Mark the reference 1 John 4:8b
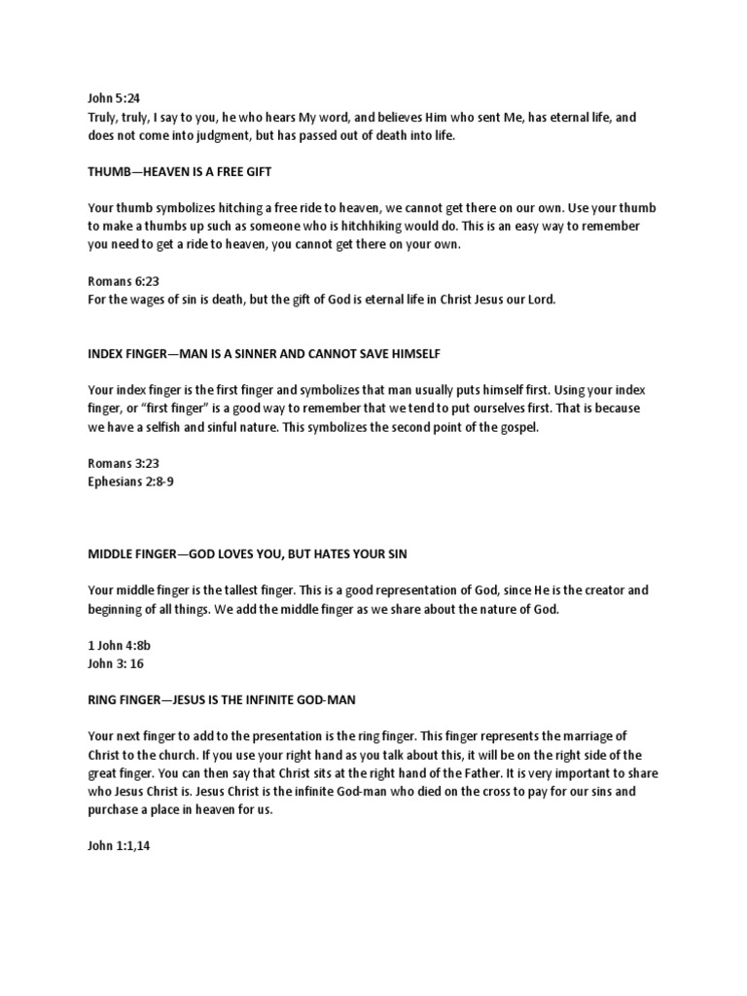pyautogui.click(x=111, y=646)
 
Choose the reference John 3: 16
pyautogui.click(x=108, y=663)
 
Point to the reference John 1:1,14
pyautogui.click(x=110, y=846)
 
